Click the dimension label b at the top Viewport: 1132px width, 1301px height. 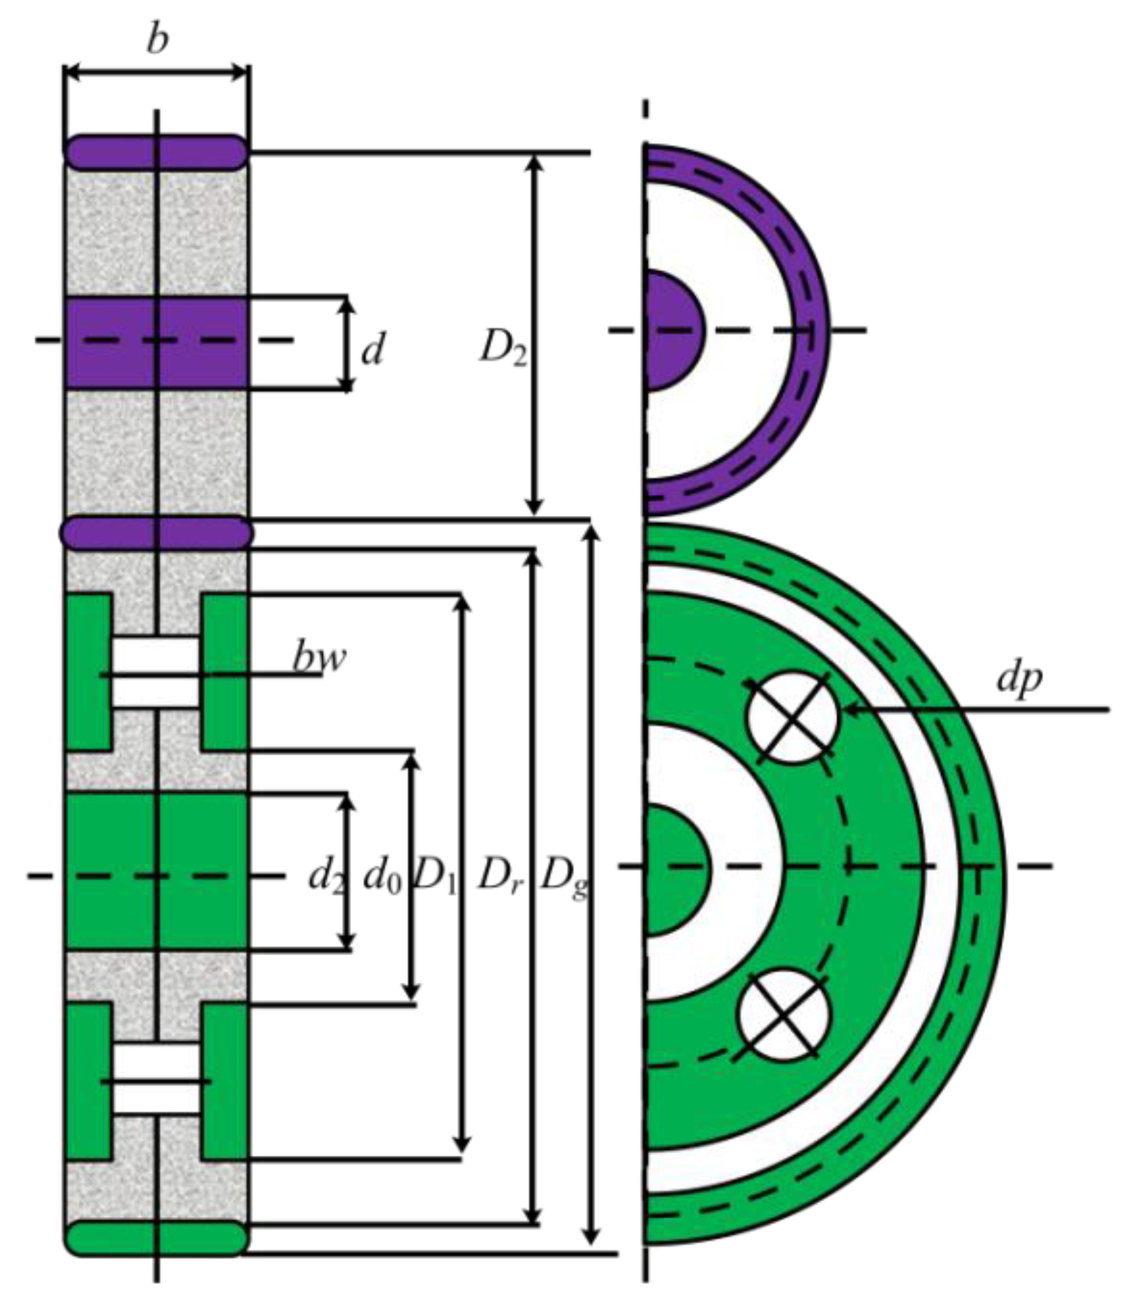pos(157,39)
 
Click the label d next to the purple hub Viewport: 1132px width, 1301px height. pos(373,350)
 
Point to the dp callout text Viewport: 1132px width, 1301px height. pos(1019,678)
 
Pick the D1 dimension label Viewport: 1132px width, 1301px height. pos(435,876)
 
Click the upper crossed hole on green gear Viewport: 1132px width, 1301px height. pos(793,717)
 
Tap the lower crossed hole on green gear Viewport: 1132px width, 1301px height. pos(784,1014)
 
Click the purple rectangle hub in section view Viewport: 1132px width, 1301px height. pos(156,343)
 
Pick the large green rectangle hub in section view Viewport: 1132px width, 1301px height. pos(156,871)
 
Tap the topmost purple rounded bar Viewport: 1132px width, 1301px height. pos(156,152)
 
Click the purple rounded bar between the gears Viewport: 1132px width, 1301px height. pos(156,531)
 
